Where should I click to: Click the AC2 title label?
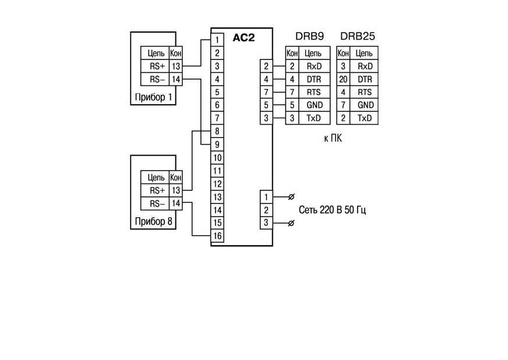[x=244, y=38]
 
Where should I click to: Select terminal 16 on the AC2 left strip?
[x=217, y=236]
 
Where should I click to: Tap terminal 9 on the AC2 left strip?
[x=217, y=144]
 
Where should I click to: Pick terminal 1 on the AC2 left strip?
[x=217, y=40]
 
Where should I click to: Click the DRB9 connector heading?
[x=309, y=36]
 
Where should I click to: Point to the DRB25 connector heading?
[x=358, y=36]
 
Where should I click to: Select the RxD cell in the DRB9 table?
[x=314, y=66]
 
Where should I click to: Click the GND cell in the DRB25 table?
[x=365, y=105]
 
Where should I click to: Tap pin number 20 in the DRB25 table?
[x=343, y=79]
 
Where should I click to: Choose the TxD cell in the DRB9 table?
[x=314, y=118]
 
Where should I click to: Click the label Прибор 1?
[x=154, y=97]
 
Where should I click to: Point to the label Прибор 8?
[x=154, y=221]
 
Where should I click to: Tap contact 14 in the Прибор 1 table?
[x=175, y=79]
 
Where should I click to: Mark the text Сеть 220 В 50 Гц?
[x=332, y=210]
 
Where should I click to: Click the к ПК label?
[x=333, y=139]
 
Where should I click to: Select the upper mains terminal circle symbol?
[x=291, y=197]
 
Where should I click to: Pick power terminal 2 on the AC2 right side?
[x=266, y=210]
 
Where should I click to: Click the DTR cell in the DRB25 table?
[x=365, y=79]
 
